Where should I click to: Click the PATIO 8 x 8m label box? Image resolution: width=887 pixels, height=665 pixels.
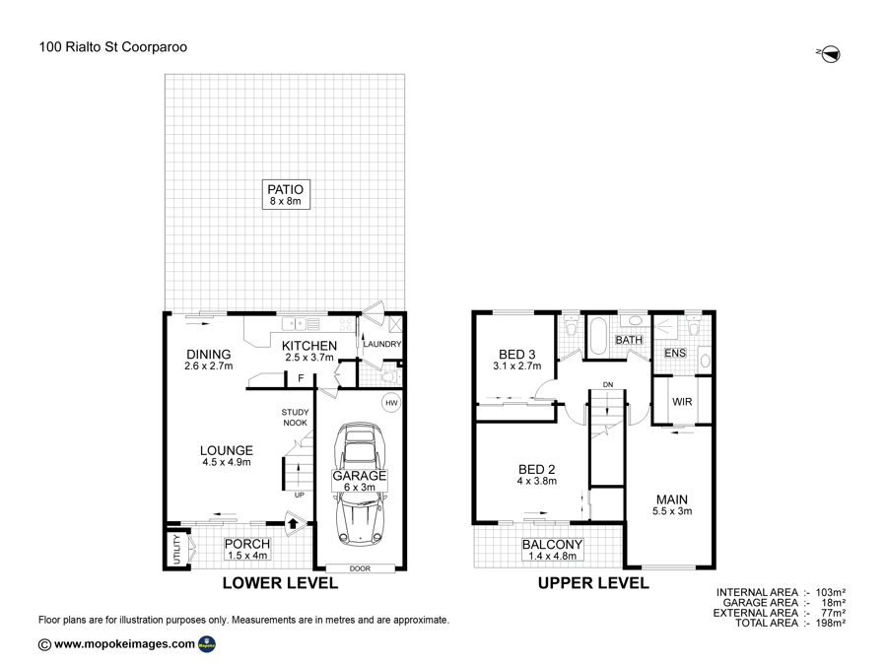286,194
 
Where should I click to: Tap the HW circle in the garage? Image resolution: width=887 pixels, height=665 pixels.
391,403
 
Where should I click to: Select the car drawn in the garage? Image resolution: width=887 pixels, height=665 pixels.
359,485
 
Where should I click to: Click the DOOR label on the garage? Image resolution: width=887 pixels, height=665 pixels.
360,568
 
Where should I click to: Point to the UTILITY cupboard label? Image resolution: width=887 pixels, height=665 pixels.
176,549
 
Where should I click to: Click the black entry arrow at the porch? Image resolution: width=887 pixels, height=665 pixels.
293,523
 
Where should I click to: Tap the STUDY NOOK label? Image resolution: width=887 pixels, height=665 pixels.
296,418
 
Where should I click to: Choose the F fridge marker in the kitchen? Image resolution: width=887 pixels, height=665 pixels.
301,378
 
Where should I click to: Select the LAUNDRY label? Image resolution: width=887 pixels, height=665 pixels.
381,344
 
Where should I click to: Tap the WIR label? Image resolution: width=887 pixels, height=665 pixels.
682,402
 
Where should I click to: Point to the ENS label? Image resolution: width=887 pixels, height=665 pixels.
675,353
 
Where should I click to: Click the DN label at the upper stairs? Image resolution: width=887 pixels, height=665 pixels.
608,384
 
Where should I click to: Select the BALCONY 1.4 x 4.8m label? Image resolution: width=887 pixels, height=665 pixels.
552,550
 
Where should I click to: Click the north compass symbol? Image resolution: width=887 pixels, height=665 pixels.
829,54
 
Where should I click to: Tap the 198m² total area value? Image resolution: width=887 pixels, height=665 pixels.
831,624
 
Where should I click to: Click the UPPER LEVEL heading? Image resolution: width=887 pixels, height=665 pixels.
593,583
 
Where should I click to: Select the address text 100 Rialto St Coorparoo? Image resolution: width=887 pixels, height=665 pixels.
113,47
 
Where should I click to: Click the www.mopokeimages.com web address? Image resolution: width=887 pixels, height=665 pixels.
124,643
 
